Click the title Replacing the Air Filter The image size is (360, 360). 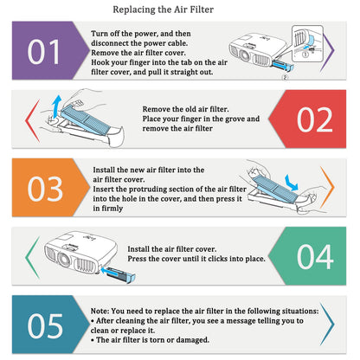point(163,10)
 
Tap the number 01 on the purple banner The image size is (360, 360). point(44,52)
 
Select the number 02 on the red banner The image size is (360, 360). point(315,119)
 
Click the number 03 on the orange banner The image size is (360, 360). point(45,189)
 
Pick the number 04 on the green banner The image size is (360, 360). point(315,257)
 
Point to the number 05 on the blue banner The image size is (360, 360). point(45,326)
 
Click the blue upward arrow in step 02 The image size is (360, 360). point(57,106)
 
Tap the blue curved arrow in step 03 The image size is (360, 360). point(291,183)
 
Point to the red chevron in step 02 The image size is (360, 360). point(32,120)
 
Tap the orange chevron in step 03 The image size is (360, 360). point(328,187)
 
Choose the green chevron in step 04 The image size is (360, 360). point(32,257)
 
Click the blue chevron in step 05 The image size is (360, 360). point(328,325)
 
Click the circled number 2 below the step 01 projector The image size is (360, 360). point(285,77)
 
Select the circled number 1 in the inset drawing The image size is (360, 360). point(305,55)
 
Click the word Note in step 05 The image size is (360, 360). point(100,311)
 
